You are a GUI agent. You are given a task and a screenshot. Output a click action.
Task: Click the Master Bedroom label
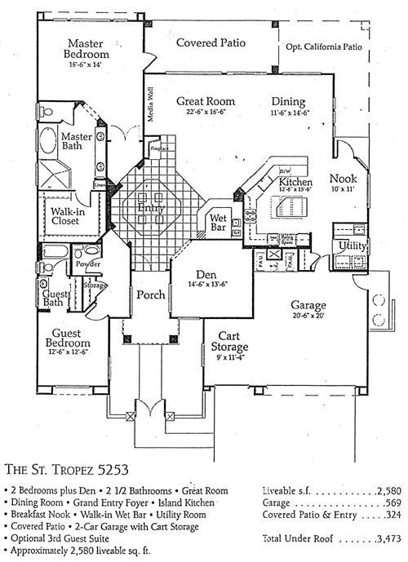90,48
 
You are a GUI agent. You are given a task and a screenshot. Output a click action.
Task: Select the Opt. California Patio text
323,47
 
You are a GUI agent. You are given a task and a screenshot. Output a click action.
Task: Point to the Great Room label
201,102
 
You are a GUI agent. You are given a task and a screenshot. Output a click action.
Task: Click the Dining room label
288,102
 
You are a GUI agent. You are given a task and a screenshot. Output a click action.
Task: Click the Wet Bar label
218,219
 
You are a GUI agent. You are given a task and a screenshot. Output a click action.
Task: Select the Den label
209,275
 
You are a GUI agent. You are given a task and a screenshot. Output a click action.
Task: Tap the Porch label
150,294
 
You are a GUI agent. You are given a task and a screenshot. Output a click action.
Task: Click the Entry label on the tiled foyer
151,208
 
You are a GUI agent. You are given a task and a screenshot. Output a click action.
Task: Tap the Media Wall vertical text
150,104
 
